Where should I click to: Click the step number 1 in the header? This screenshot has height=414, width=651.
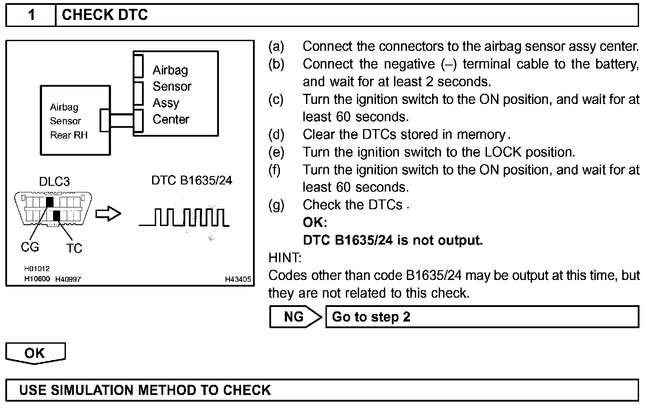click(31, 15)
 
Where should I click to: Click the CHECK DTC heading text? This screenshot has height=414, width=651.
click(105, 15)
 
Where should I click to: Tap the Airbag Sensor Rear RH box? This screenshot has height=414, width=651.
click(69, 121)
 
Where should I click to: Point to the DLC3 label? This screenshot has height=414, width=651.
click(54, 181)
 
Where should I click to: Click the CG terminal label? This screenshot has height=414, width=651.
click(30, 247)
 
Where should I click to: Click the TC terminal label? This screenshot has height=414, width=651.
click(74, 248)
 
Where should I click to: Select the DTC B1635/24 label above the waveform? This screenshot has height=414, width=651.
click(191, 180)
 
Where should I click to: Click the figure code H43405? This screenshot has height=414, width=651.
click(238, 279)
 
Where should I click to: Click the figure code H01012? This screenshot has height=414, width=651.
click(37, 268)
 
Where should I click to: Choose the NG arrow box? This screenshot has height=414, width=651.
click(295, 317)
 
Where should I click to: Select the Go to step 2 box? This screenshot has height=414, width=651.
click(482, 317)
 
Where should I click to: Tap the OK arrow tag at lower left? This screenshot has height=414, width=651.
click(35, 353)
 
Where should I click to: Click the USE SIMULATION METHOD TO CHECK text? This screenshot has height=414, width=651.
click(145, 390)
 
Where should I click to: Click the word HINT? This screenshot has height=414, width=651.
click(285, 257)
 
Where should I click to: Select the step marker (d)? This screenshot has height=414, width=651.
click(276, 134)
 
